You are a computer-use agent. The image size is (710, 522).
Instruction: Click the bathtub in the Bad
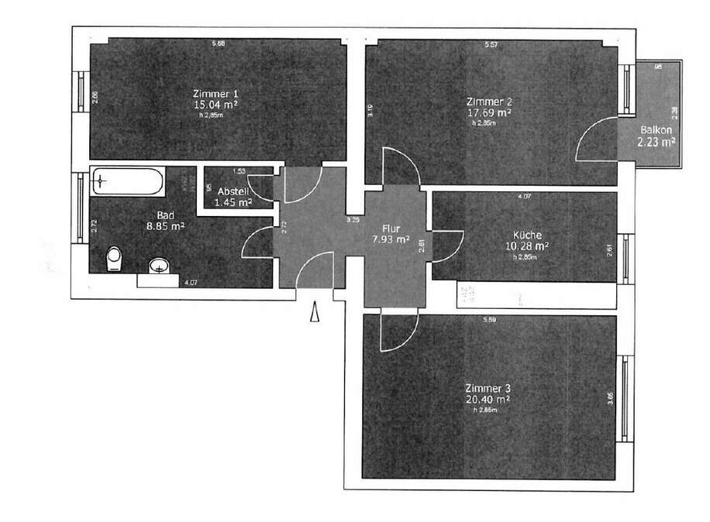(x=126, y=182)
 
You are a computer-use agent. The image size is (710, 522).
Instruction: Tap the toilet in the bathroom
(x=115, y=258)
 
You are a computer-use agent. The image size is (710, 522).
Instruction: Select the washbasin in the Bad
(x=160, y=266)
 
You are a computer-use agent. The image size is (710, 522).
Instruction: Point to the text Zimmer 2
(x=489, y=101)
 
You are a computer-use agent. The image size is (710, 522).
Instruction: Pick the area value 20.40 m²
(x=488, y=400)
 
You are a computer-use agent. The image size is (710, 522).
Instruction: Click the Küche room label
(x=527, y=235)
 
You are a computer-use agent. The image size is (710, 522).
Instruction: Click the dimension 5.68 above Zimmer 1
(x=219, y=44)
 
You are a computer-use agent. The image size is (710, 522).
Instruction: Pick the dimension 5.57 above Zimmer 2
(x=490, y=45)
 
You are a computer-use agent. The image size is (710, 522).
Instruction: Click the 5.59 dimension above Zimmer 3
(x=488, y=320)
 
